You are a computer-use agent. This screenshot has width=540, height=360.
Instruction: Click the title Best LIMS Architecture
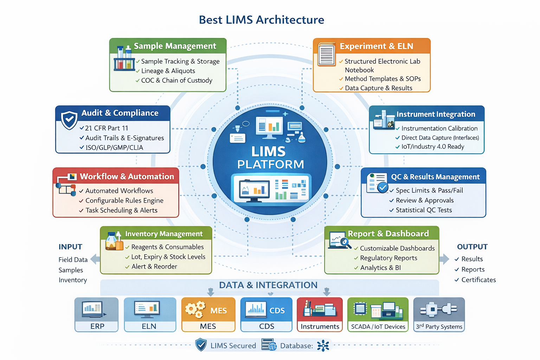coord(261,20)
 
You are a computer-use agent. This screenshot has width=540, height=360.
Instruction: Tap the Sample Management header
coord(175,46)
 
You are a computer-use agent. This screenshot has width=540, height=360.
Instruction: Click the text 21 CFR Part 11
coord(107,128)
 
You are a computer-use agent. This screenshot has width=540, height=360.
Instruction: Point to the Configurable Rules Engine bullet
coord(124,201)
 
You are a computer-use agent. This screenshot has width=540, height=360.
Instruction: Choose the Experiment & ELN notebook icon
coord(326,54)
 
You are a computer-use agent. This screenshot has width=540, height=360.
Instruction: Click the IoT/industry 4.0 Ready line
coord(432,147)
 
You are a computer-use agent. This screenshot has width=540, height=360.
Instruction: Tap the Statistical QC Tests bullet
coord(424,210)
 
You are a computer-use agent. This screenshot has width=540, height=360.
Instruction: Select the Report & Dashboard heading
coord(388,234)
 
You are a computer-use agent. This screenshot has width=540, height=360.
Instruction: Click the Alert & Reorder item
coord(154,266)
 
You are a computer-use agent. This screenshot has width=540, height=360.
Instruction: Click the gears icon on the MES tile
coord(195,309)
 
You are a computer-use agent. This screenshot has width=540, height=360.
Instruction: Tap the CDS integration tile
coord(266,315)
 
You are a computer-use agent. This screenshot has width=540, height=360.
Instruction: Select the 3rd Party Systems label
coord(439,327)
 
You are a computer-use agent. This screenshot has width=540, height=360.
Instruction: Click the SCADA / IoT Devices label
coord(378,327)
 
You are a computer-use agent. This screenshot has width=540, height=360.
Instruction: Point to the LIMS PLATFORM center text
coord(270,158)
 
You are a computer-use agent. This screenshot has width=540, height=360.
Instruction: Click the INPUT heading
coord(70,247)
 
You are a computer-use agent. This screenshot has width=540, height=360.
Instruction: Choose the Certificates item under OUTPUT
coord(478,280)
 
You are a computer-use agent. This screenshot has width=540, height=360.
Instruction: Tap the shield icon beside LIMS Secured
coord(201,345)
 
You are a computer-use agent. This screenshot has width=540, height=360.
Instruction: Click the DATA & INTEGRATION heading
coord(268,285)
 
